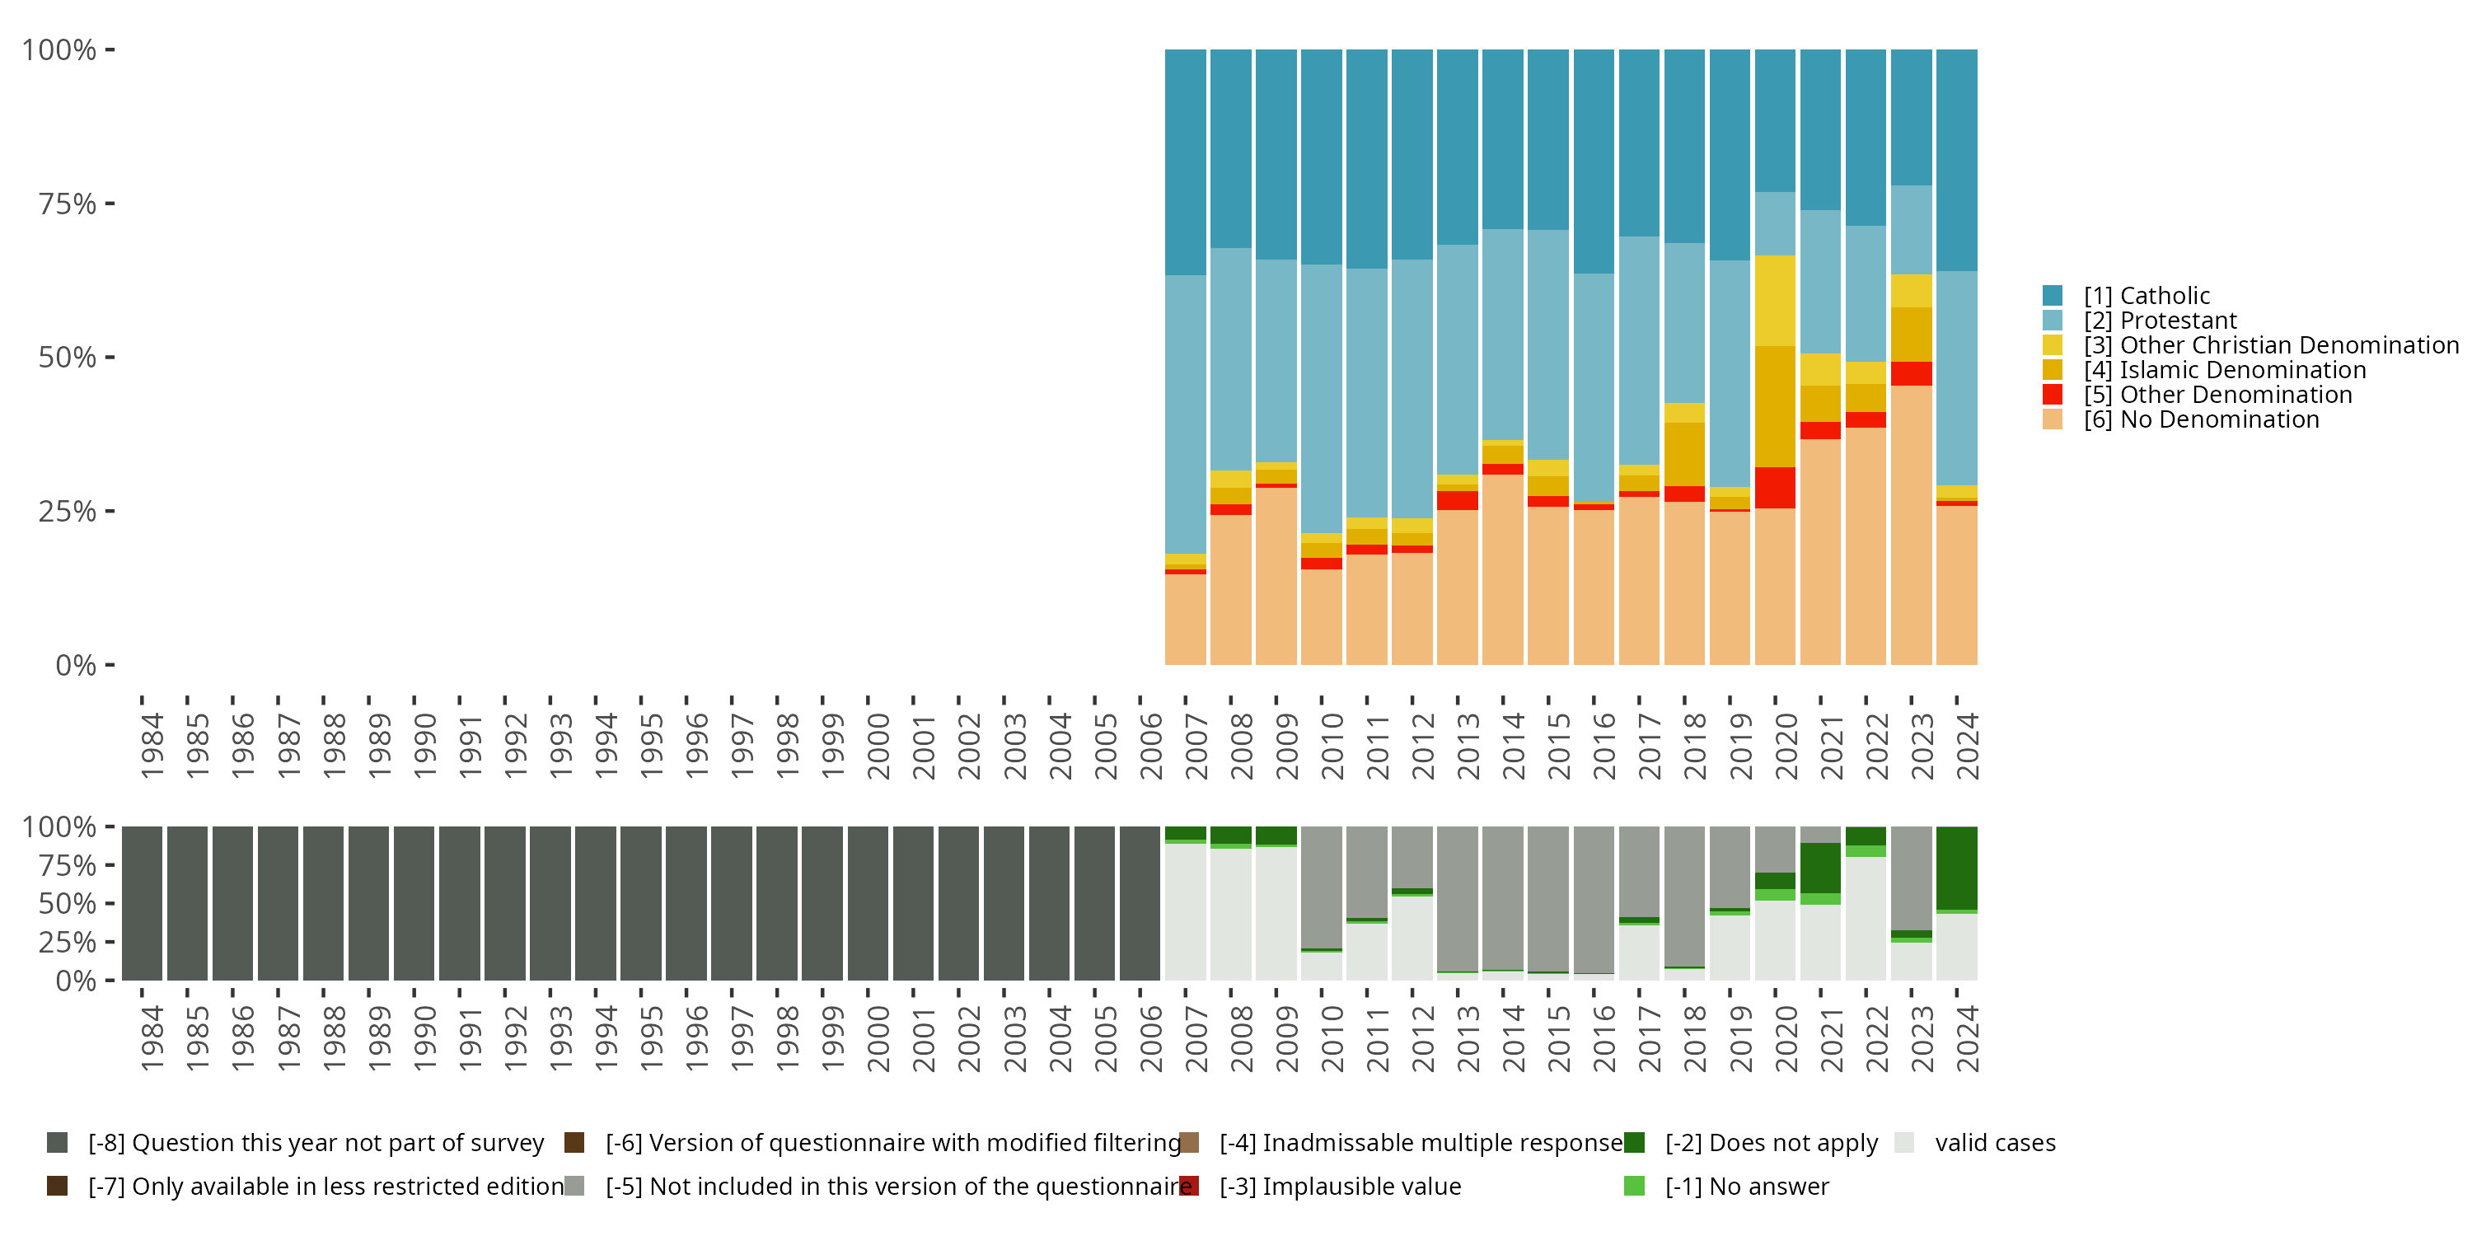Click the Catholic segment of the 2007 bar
pos(1185,162)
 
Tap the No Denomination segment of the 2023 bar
pos(1911,525)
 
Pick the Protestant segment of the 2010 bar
pos(1322,398)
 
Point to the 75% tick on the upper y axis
pos(110,204)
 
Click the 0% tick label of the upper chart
pos(76,665)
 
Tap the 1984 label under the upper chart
pos(152,746)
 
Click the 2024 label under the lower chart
pos(1967,1038)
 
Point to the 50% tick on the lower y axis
pos(110,903)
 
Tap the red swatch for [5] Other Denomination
pos(2053,395)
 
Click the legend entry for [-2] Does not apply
pos(1771,1143)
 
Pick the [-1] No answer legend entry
pos(1747,1186)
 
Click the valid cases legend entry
pos(1994,1143)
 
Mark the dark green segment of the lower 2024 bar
pos(1957,868)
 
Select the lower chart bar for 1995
pos(640,903)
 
